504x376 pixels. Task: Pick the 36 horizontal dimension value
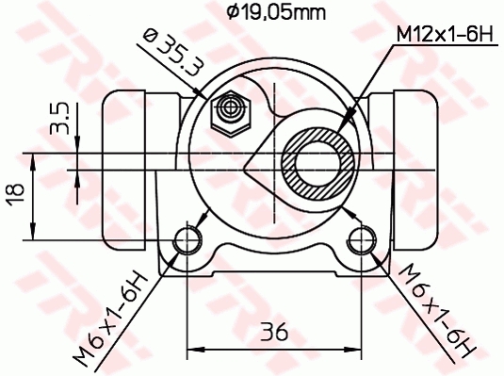point(274,333)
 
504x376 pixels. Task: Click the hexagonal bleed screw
point(229,111)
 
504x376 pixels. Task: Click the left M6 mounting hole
point(189,239)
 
